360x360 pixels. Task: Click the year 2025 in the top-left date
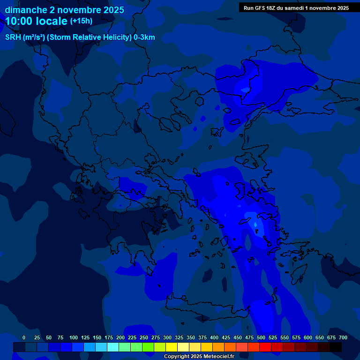112,10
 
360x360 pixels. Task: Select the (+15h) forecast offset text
81,21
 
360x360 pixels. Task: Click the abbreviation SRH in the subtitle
13,37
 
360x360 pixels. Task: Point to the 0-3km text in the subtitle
144,37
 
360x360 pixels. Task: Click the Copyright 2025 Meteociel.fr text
199,356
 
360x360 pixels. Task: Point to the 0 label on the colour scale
24,337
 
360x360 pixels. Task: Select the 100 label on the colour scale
74,337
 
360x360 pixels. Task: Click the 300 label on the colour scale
167,337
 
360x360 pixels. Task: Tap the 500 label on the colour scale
261,337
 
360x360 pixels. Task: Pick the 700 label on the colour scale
343,337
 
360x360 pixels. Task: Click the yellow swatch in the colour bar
172,347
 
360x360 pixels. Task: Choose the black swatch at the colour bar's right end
336,347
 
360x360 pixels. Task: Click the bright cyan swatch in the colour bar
113,347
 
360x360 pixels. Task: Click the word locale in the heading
52,21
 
